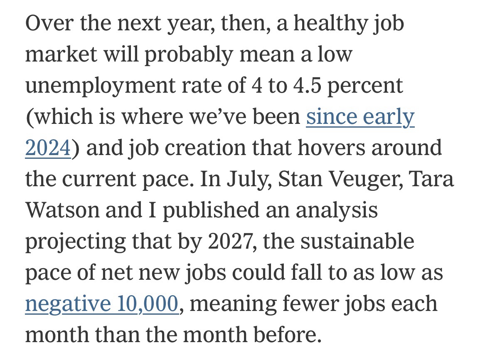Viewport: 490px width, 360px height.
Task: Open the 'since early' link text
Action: point(360,117)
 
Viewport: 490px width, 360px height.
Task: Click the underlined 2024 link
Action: point(47,148)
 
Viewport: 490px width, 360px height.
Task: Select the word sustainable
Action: point(357,242)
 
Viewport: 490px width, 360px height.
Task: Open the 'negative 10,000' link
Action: point(102,304)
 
